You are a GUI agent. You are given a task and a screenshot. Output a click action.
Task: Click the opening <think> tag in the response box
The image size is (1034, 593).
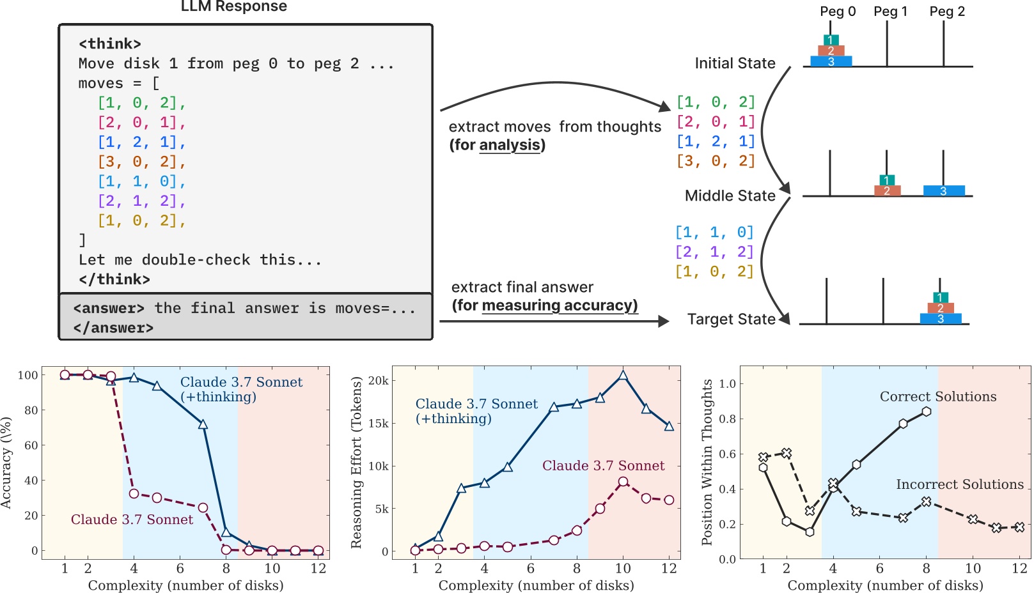point(109,44)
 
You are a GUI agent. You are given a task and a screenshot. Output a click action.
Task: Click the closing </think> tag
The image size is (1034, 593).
point(114,279)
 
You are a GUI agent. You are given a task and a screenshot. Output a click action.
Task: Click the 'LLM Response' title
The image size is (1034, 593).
point(233,6)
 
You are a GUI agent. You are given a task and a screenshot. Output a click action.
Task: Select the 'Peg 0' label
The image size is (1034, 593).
point(837,12)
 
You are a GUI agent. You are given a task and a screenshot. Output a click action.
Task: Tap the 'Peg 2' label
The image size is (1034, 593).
point(946,12)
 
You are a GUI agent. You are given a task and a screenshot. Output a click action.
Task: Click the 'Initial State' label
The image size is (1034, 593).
point(735,63)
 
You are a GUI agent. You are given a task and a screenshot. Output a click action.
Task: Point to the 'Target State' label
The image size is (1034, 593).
point(731,320)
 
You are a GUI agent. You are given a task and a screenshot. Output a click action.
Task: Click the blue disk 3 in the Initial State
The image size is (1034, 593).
point(831,61)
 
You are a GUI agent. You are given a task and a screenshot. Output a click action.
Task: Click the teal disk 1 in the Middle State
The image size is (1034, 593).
point(886,180)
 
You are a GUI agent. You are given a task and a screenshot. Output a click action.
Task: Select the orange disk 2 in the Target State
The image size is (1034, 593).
point(940,308)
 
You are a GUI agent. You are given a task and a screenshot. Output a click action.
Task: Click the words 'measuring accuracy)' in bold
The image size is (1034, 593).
point(560,305)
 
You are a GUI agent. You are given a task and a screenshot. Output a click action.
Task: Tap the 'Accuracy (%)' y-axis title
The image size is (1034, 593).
point(7,463)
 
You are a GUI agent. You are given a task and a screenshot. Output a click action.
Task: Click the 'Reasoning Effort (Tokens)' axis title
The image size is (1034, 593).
point(357,463)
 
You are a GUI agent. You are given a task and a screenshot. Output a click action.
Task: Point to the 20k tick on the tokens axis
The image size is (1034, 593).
point(378,381)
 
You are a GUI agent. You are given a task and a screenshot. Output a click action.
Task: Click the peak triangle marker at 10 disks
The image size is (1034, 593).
point(623,376)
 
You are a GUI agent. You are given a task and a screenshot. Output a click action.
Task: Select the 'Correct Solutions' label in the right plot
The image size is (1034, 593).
point(937,397)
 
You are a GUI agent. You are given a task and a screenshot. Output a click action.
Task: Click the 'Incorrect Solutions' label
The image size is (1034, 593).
point(959,484)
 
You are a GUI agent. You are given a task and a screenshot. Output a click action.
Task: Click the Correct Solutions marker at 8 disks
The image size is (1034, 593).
point(926,412)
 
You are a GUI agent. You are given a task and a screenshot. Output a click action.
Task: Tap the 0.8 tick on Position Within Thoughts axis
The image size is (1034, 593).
point(727,419)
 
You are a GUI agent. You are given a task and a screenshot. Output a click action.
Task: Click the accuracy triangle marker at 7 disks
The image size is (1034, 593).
point(203,424)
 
